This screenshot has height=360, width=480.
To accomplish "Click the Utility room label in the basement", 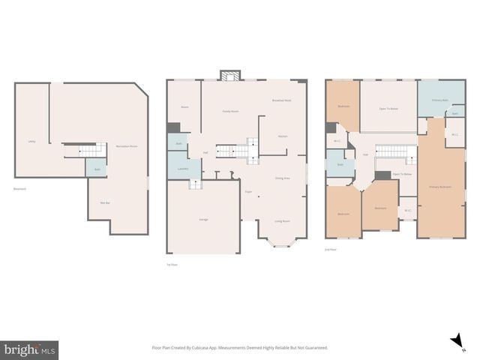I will pyautogui.click(x=31, y=141).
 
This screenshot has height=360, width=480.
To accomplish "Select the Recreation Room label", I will pyautogui.click(x=127, y=146).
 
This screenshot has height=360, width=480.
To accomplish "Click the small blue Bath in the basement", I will pyautogui.click(x=95, y=169).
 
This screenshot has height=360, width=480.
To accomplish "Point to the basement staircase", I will pyautogui.click(x=91, y=151).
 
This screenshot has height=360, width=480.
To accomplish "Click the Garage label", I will pyautogui.click(x=203, y=219).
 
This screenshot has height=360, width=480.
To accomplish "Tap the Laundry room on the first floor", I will pyautogui.click(x=183, y=169).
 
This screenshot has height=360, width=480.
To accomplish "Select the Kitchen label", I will pyautogui.click(x=283, y=136).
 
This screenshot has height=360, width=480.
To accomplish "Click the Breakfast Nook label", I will pyautogui.click(x=282, y=100).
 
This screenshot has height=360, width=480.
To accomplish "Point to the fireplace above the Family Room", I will pyautogui.click(x=229, y=76).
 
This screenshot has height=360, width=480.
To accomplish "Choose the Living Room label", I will pyautogui.click(x=282, y=221).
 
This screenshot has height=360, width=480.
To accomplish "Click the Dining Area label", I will pyautogui.click(x=283, y=178).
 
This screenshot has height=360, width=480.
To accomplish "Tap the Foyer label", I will pyautogui.click(x=247, y=192).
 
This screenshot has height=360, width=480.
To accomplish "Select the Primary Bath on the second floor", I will pyautogui.click(x=440, y=100).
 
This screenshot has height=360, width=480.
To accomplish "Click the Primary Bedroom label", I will pyautogui.click(x=439, y=186).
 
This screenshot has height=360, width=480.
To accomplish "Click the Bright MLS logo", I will pyautogui.click(x=29, y=349).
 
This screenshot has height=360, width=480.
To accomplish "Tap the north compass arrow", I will pyautogui.click(x=455, y=342).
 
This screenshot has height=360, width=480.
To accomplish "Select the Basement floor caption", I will pyautogui.click(x=19, y=189).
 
